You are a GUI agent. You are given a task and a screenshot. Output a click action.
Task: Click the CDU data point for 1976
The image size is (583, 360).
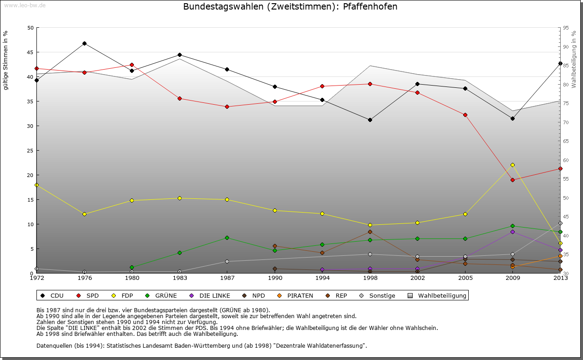click(x=84, y=43)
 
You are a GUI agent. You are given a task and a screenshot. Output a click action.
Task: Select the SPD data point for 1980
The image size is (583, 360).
click(x=132, y=65)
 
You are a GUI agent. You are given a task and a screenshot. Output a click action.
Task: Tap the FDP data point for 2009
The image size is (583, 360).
click(x=512, y=165)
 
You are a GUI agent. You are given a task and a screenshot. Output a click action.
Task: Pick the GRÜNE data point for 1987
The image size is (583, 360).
click(x=227, y=238)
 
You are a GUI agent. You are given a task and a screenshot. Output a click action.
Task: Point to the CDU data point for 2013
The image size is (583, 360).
click(x=560, y=63)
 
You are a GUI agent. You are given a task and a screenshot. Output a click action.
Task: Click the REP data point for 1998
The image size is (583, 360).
click(x=370, y=232)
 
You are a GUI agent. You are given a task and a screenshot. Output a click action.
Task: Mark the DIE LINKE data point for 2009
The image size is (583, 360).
click(x=512, y=232)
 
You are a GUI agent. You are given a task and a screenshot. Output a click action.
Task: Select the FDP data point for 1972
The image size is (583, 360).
click(x=36, y=185)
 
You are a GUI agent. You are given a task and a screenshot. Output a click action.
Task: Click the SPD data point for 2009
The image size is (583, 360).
click(x=512, y=180)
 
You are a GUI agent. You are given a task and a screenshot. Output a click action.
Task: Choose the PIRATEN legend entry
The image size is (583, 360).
click(x=296, y=295)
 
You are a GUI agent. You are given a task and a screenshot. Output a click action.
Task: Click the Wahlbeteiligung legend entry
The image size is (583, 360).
click(x=438, y=295)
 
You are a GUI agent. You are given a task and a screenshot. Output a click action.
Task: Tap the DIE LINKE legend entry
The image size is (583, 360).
click(x=210, y=295)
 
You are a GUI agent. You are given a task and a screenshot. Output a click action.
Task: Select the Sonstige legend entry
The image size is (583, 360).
click(x=378, y=295)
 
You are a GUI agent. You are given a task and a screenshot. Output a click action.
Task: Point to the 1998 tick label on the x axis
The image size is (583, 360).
click(x=370, y=278)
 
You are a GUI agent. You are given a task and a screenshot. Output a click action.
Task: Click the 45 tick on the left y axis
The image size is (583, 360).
click(x=31, y=52)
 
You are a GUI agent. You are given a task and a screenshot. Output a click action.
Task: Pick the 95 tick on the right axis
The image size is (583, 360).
click(x=566, y=28)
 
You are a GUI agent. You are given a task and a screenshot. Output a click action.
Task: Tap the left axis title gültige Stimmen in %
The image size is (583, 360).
click(x=6, y=60)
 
